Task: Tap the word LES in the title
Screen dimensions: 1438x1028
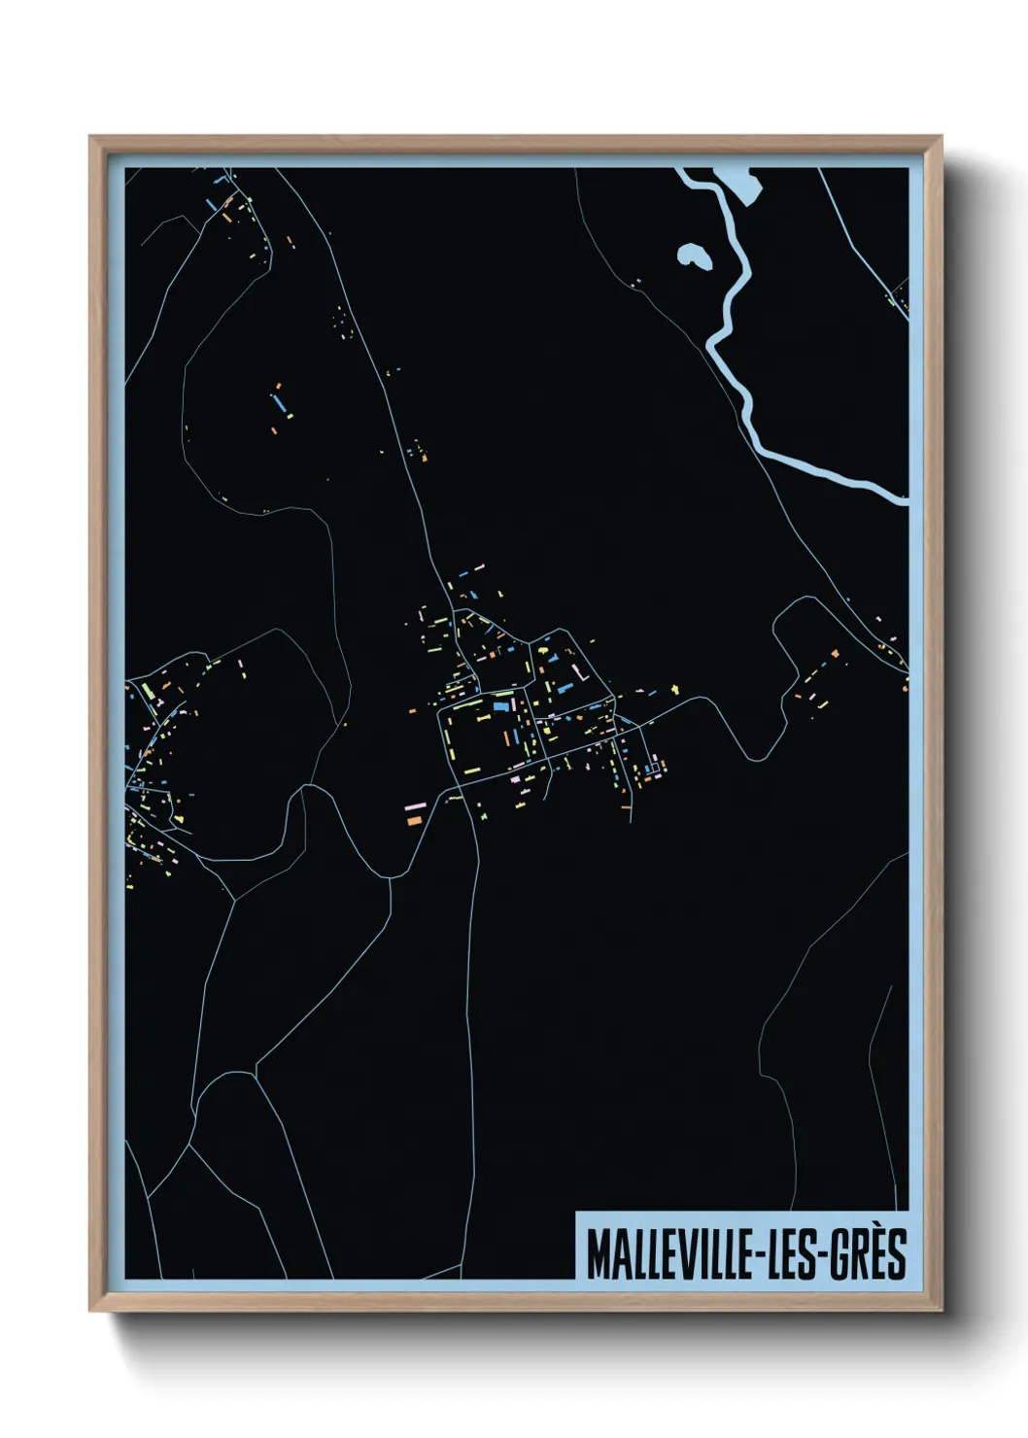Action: point(792,1254)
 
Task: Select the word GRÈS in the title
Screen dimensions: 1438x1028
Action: point(871,1254)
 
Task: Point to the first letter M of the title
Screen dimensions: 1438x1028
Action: point(597,1254)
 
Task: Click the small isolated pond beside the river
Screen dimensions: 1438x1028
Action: point(694,257)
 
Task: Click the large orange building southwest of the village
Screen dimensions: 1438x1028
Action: point(413,821)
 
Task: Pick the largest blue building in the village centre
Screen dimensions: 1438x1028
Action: point(501,706)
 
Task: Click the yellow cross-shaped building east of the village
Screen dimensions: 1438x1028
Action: point(677,690)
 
